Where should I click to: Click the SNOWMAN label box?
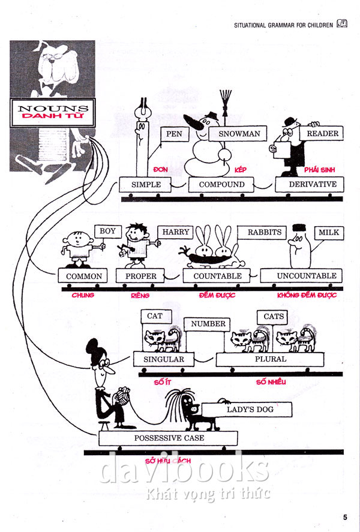click(239, 134)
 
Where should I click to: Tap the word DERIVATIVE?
click(313, 184)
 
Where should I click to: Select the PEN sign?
click(175, 134)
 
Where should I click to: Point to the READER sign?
click(322, 133)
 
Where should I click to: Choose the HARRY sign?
click(176, 232)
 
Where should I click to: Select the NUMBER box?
click(208, 324)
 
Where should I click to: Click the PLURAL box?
click(271, 359)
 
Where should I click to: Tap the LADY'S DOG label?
click(250, 410)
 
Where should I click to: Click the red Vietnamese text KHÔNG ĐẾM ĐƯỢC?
click(307, 295)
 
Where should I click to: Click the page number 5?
click(345, 517)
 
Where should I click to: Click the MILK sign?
click(329, 232)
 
